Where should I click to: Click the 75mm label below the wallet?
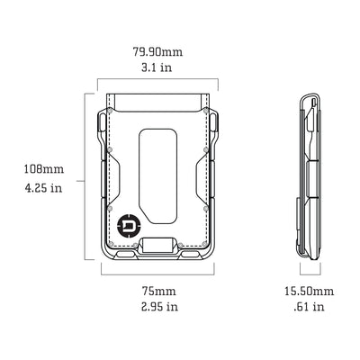click(159, 292)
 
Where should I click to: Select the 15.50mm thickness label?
click(309, 292)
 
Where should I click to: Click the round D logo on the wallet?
click(128, 222)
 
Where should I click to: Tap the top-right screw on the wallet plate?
click(208, 114)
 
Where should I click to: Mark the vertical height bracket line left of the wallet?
click(86, 175)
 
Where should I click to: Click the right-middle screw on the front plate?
click(208, 208)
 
